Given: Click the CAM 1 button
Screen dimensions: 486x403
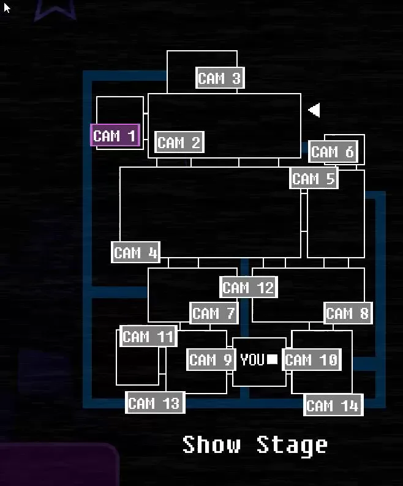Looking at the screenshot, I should (115, 136).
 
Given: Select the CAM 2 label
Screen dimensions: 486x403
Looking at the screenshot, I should (179, 143).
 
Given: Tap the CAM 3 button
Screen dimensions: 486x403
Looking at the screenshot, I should (219, 78).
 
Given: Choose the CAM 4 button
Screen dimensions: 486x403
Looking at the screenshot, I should (136, 252).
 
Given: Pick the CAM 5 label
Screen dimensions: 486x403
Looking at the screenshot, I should (314, 179).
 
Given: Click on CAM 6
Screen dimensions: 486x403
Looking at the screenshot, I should (332, 152).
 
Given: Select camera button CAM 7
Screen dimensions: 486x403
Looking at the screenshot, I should (213, 314).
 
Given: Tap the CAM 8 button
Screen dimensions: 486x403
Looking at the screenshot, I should (347, 314).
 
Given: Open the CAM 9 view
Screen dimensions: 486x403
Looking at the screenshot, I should (211, 360).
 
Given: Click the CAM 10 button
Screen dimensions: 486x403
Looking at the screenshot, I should (311, 360).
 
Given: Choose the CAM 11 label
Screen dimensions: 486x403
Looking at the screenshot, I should (148, 337).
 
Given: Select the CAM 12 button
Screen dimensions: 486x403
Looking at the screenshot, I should (248, 287).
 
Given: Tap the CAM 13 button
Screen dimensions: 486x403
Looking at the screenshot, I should (154, 403).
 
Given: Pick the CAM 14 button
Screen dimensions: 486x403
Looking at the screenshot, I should (333, 405).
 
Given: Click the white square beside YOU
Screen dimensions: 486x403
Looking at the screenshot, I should (273, 360).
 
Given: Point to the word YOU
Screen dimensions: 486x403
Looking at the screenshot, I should (252, 360).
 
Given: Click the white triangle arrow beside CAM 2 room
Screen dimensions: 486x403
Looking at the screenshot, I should (314, 110).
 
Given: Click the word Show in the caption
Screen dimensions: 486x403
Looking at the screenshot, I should (211, 444).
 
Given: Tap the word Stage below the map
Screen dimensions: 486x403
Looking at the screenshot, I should (292, 445).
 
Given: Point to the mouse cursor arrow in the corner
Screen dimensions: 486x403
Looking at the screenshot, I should (7, 8).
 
